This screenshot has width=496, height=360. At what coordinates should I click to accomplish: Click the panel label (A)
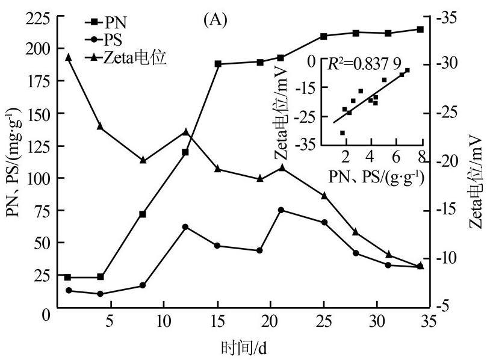coord(215,20)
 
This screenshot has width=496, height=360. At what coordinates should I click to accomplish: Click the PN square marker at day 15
coord(218,64)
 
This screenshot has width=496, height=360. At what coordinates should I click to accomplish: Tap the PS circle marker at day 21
coord(281,210)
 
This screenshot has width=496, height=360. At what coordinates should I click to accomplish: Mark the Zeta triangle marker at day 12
coord(185,131)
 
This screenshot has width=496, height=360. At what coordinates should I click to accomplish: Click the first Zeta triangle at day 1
coord(68,57)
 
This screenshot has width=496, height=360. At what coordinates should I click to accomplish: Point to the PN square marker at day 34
coord(420,29)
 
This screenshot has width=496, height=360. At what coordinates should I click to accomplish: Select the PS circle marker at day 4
coord(100,294)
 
